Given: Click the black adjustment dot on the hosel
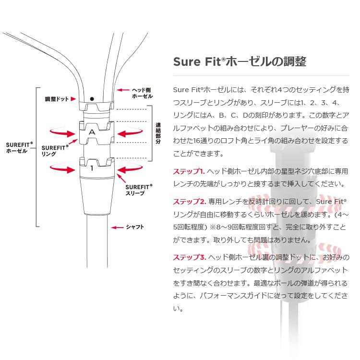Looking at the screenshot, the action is click(92, 99).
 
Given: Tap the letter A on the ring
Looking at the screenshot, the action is click(92, 132).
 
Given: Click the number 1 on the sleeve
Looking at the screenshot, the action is click(92, 168).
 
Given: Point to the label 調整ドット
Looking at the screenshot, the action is click(57, 99).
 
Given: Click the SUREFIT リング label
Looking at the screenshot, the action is click(55, 151).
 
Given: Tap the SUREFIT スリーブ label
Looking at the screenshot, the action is click(139, 190).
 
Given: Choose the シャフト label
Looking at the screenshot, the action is click(135, 227).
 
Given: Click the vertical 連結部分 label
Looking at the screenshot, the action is click(158, 133).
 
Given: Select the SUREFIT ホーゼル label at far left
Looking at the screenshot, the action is click(19, 148).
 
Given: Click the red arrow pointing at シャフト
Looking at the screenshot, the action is click(117, 228).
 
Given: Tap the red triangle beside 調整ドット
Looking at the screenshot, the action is click(73, 99).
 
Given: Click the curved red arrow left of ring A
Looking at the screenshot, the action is click(62, 132).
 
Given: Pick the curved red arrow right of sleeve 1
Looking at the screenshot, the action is click(130, 169).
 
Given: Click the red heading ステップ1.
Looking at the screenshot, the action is click(189, 171).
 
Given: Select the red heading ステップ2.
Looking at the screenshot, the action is click(190, 202).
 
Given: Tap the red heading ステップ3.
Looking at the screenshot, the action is click(190, 257).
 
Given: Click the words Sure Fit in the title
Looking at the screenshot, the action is click(197, 61).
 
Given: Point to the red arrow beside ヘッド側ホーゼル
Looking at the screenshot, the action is click(123, 90).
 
